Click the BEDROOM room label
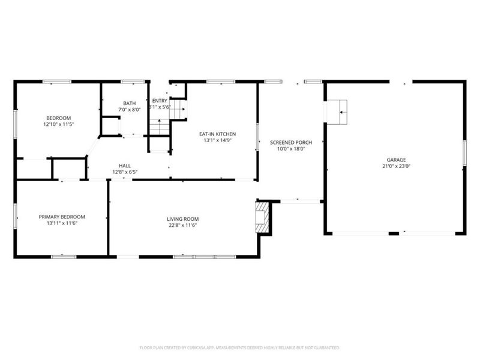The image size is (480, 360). (58, 118)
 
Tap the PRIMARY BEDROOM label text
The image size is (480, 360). (62, 217)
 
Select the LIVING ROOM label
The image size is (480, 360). (182, 219)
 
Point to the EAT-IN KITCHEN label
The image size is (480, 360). (217, 134)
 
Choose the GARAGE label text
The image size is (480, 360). (394, 160)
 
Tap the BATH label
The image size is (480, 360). (130, 103)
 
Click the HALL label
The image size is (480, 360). (125, 166)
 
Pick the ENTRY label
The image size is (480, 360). (160, 100)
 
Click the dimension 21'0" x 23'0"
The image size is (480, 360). (394, 166)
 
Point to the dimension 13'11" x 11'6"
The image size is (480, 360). (62, 223)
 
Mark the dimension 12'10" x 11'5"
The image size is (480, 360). (58, 124)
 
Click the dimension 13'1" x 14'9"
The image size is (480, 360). (217, 140)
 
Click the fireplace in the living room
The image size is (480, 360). (262, 217)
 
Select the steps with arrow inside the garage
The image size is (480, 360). (337, 112)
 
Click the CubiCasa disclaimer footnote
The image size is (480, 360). (240, 347)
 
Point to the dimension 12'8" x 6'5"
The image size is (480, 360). (125, 172)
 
